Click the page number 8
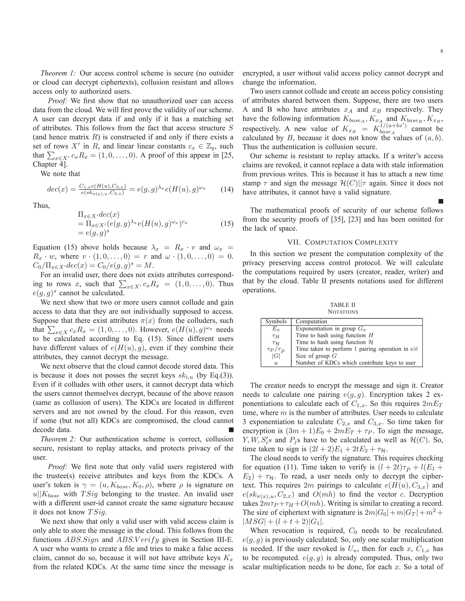coord(442,51)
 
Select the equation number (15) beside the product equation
coord(227,224)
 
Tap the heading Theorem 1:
coord(58,73)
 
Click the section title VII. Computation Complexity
coord(343,242)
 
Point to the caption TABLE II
coord(343,305)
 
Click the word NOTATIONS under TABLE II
coord(343,312)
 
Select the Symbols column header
coord(276,322)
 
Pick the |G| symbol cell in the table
coord(276,356)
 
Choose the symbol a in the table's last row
coord(276,363)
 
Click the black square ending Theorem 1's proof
coord(231,430)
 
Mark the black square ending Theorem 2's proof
coord(440,202)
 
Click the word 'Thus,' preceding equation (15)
coord(41,205)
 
